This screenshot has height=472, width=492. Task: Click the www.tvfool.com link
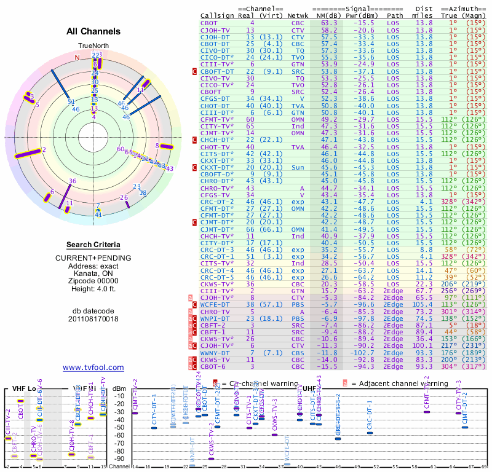93,368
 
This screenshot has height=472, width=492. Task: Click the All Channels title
93,31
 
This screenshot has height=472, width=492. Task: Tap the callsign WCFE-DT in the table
215,303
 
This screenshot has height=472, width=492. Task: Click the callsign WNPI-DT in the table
215,319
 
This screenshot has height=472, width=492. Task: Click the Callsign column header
218,15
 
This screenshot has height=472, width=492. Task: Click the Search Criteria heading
93,245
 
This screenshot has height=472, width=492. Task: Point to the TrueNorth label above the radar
93,47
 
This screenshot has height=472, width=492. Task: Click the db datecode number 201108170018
93,318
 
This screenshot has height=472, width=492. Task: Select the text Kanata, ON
93,273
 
